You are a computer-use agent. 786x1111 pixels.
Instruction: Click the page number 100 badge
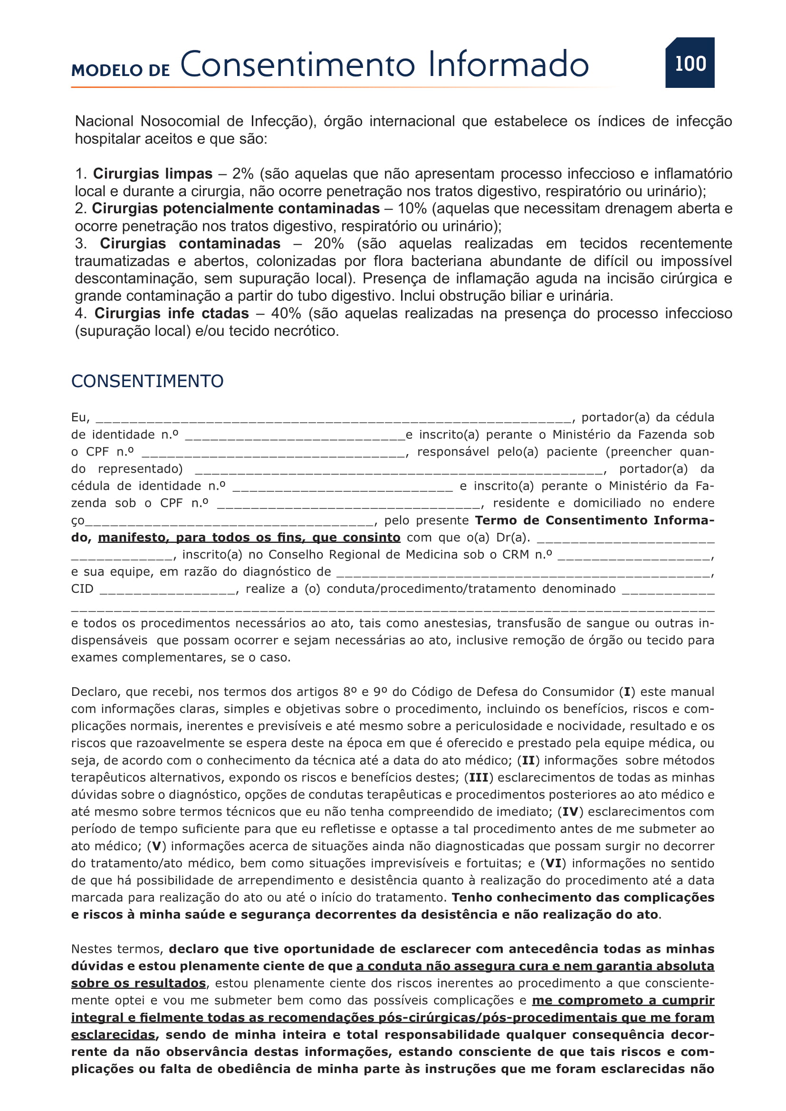point(690,63)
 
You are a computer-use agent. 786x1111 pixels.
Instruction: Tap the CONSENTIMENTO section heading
point(147,381)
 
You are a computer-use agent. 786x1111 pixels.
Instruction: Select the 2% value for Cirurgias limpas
point(243,174)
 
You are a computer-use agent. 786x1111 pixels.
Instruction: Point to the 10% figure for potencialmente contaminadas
point(412,209)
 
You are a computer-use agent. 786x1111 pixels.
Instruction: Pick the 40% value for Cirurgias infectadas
point(286,313)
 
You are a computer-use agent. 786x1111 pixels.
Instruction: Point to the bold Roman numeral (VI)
point(553,863)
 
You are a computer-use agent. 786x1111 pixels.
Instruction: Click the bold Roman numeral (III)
point(479,778)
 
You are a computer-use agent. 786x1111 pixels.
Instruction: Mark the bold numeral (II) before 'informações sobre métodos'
point(528,760)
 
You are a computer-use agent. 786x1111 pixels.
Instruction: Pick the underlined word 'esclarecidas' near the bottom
point(113,1035)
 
